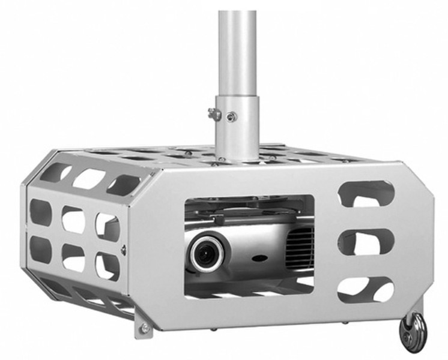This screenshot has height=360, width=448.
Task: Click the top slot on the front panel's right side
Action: click(366, 194)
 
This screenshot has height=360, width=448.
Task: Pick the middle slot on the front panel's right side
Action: click(366, 241)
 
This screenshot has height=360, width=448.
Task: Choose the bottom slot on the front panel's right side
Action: click(366, 289)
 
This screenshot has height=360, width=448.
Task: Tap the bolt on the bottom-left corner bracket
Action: click(144, 328)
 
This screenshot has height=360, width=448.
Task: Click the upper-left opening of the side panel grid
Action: click(41, 212)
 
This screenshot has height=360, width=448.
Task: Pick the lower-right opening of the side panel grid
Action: click(107, 266)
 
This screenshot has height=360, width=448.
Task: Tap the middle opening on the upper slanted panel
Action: click(89, 179)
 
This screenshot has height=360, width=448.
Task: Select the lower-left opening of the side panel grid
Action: click(41, 249)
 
